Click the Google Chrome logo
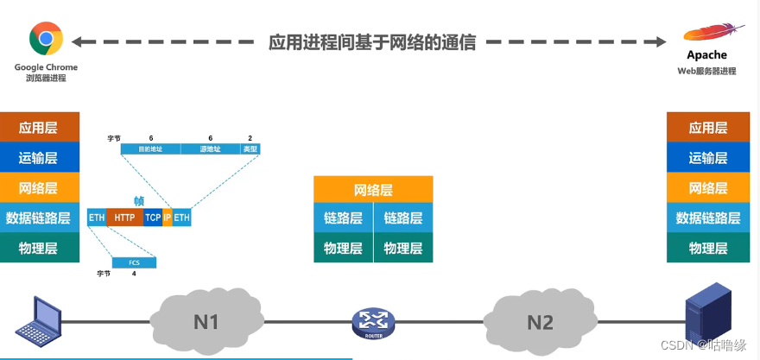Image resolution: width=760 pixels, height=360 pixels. [x=46, y=39]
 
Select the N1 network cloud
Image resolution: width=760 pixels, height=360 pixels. [x=205, y=321]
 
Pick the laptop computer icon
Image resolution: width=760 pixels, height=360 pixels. [x=35, y=321]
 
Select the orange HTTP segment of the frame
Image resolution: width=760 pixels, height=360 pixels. [x=125, y=218]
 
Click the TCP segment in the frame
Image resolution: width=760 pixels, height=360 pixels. [x=153, y=218]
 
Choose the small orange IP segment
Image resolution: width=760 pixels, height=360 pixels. [x=168, y=218]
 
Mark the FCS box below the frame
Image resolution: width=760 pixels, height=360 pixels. [x=134, y=262]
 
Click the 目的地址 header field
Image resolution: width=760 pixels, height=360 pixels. [x=150, y=148]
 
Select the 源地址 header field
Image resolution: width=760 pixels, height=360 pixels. [x=211, y=148]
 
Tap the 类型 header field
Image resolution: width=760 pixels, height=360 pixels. [x=250, y=148]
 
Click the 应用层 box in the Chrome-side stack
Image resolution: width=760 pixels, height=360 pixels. [x=39, y=128]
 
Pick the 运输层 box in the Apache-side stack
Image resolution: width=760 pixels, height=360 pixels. [x=707, y=158]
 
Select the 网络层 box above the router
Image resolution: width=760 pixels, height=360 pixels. [x=373, y=190]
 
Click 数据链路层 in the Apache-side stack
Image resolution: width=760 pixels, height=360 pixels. [x=707, y=218]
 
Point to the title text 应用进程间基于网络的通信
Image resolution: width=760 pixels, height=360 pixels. [x=372, y=41]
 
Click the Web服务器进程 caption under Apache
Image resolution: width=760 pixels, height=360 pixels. [x=706, y=71]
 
